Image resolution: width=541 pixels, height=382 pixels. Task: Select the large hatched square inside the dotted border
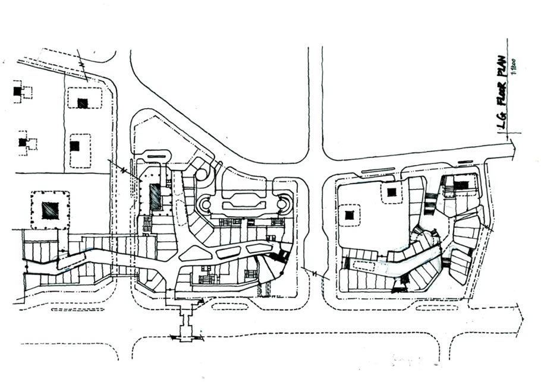(49, 210)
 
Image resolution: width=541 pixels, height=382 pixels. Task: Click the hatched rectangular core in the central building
(155, 197)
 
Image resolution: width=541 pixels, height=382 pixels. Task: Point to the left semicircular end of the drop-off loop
(205, 206)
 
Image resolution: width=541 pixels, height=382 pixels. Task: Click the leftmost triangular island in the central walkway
(192, 254)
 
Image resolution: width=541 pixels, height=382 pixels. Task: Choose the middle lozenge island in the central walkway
(229, 252)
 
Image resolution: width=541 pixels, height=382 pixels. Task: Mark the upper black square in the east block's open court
(391, 191)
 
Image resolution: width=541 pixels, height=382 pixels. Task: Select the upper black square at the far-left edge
(17, 91)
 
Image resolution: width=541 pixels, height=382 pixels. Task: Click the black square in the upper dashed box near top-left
(83, 103)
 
